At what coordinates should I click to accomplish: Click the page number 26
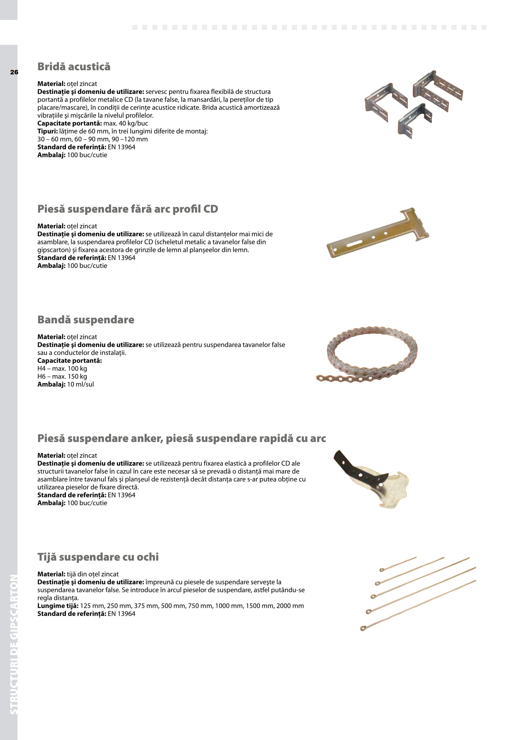click(x=14, y=72)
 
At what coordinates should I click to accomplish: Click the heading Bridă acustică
click(x=74, y=67)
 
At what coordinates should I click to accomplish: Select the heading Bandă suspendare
click(x=86, y=320)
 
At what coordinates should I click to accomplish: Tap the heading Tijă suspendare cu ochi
click(x=98, y=557)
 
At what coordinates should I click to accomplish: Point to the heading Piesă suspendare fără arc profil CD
click(x=128, y=209)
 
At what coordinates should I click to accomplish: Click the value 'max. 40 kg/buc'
click(x=126, y=123)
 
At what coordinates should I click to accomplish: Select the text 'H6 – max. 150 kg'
click(x=62, y=376)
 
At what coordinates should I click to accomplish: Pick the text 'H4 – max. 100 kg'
click(x=62, y=368)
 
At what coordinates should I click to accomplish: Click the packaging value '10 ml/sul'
click(x=80, y=384)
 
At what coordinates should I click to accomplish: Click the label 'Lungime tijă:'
click(x=58, y=606)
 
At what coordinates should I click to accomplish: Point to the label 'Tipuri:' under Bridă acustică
click(x=48, y=131)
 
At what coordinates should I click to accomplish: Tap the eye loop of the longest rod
click(x=363, y=628)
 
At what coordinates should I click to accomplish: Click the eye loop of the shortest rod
click(x=382, y=570)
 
